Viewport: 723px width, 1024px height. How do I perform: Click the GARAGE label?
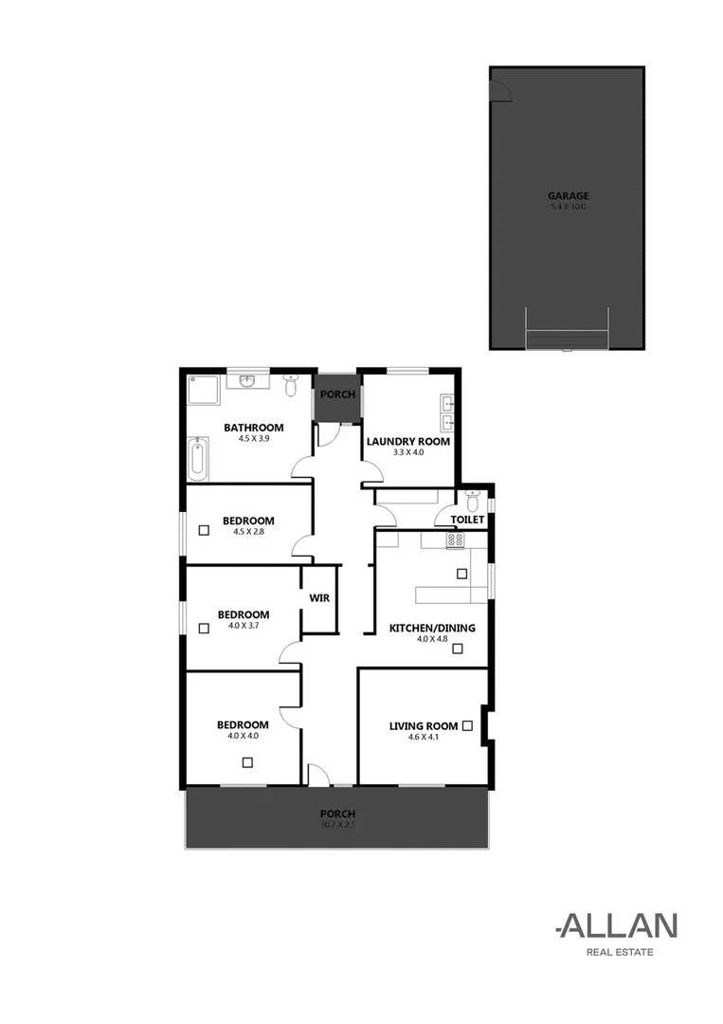point(568,196)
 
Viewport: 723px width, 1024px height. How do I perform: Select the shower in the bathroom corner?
point(205,391)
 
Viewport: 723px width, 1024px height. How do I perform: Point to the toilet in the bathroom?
point(291,384)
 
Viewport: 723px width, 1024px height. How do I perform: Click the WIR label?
point(319,598)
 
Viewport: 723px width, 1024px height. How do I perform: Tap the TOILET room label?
point(468,520)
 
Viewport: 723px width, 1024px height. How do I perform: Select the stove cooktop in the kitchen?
point(455,539)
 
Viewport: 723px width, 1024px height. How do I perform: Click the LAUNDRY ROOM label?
point(407,441)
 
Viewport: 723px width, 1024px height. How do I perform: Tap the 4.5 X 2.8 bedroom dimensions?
point(248,532)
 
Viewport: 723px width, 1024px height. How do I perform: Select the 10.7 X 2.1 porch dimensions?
point(337,825)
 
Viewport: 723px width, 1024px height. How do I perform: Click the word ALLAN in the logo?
point(618,926)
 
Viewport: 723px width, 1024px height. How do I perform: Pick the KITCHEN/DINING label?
point(432,628)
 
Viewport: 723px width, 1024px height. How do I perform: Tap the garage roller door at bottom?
point(567,339)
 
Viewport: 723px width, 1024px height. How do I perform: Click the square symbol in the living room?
point(467,725)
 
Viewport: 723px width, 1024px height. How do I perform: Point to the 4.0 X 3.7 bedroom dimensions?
point(243,626)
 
